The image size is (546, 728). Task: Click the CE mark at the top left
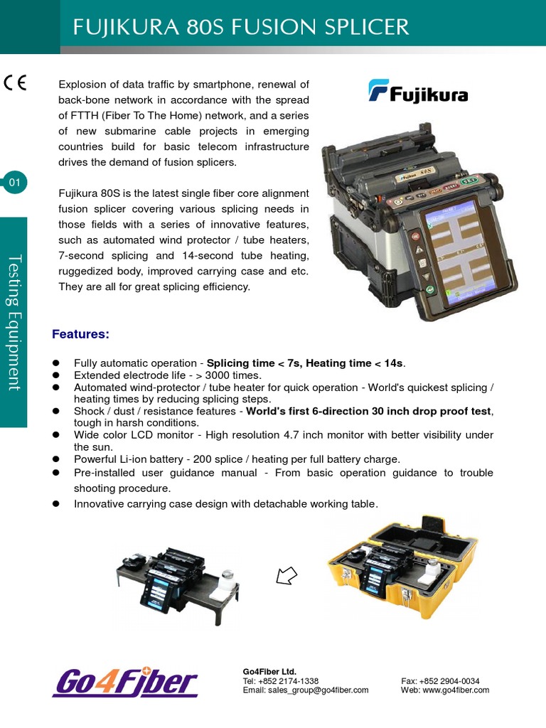[x=15, y=82]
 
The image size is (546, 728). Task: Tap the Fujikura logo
[x=418, y=92]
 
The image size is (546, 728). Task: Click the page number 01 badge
[x=15, y=183]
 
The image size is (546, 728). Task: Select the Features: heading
[x=80, y=333]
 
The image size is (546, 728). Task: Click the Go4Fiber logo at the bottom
[x=125, y=682]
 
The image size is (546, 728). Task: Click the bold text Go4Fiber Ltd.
[x=269, y=671]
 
